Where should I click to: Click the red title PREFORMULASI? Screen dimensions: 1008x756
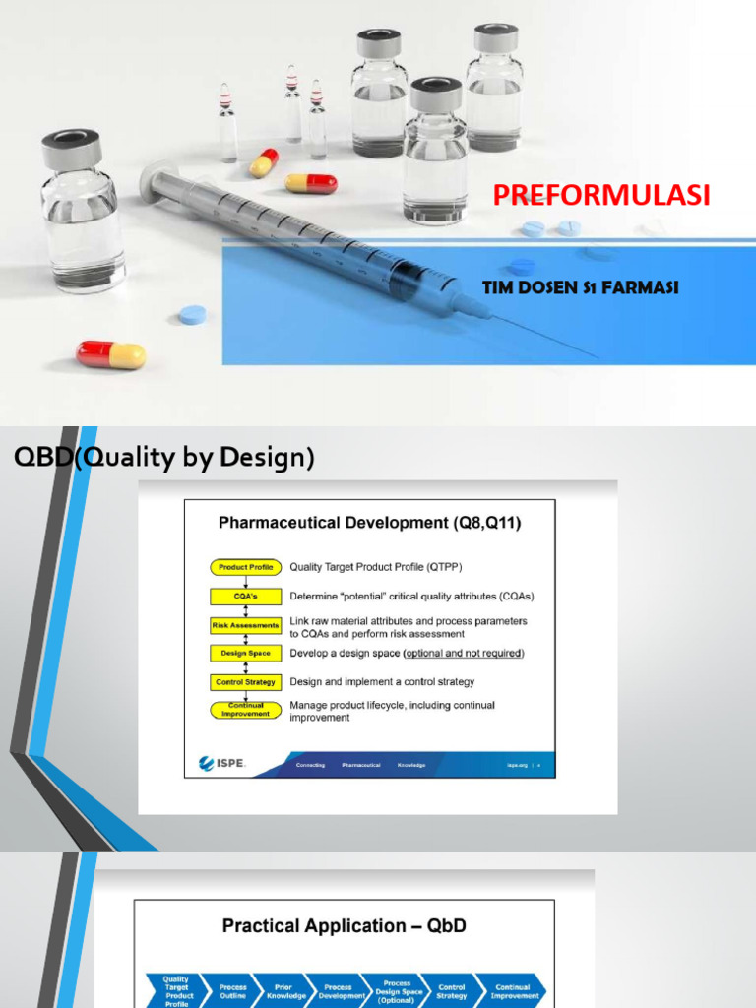(x=600, y=195)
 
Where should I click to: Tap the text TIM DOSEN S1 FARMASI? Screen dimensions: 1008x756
(x=581, y=287)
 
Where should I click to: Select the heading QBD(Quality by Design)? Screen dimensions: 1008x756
(x=162, y=459)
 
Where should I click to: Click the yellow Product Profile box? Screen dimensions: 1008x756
(x=245, y=567)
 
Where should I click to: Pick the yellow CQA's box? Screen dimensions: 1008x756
(x=245, y=596)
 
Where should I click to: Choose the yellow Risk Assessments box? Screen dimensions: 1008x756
(x=245, y=625)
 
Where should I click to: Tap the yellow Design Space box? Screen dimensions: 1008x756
(x=245, y=653)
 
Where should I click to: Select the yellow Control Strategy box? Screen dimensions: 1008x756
(x=245, y=681)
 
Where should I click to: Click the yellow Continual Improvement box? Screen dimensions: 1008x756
(x=245, y=710)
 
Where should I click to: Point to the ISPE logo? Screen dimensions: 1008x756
(x=221, y=763)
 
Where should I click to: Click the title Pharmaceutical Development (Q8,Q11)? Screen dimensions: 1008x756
(x=369, y=524)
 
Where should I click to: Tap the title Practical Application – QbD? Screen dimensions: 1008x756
(x=344, y=925)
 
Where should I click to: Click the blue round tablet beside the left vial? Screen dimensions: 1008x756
(x=192, y=315)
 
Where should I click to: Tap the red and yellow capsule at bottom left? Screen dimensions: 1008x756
(x=110, y=354)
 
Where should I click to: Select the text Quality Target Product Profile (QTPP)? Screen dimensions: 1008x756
(x=375, y=567)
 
